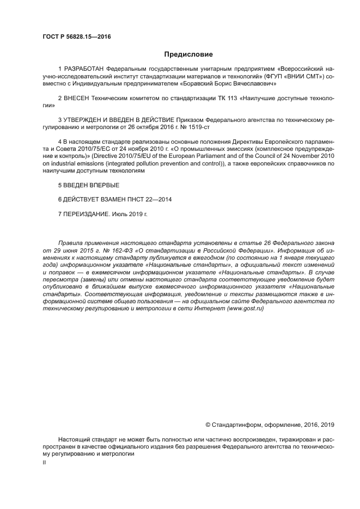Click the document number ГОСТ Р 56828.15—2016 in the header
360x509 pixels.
pyautogui.click(x=76, y=37)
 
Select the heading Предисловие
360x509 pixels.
pyautogui.click(x=188, y=54)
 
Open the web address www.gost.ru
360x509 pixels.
pyautogui.click(x=246, y=308)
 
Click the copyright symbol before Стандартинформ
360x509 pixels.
pyautogui.click(x=208, y=425)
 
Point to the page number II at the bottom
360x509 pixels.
pyautogui.click(x=44, y=462)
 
